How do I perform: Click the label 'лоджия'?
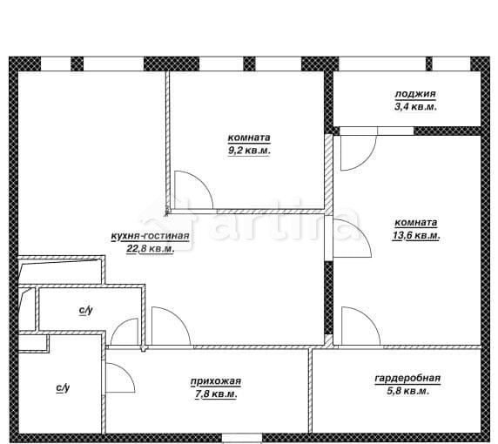click(415, 94)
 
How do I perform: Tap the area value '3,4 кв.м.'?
click(415, 107)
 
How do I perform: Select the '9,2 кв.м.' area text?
click(249, 151)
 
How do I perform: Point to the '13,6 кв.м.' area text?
click(416, 236)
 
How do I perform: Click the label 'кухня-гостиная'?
click(151, 236)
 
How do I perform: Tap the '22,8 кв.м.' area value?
click(151, 249)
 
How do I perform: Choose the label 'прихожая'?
click(216, 381)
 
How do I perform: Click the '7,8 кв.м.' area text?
click(216, 394)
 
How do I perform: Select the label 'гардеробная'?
click(407, 378)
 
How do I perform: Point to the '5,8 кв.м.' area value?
click(408, 391)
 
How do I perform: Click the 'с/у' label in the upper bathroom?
click(85, 310)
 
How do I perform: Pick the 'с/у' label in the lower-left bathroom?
click(63, 387)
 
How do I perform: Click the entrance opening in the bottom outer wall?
click(242, 438)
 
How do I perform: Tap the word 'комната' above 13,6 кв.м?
click(416, 223)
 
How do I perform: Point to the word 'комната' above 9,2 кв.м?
click(249, 138)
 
